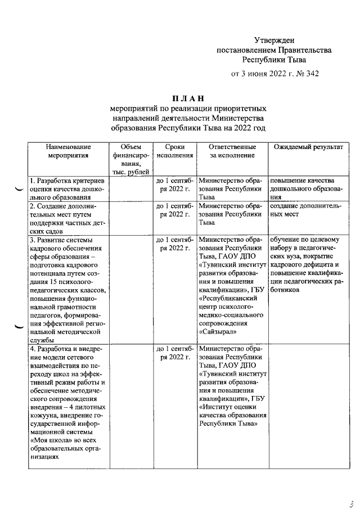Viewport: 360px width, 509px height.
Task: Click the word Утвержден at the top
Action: pyautogui.click(x=274, y=40)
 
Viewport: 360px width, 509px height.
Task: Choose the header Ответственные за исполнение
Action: pyautogui.click(x=232, y=151)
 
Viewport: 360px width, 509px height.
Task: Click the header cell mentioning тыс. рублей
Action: pyautogui.click(x=131, y=172)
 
